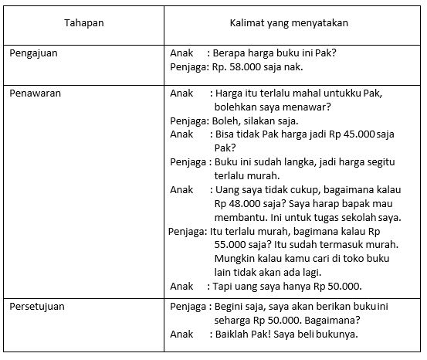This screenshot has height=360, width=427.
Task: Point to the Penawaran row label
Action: [x=35, y=93]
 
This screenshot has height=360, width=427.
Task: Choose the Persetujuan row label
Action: [x=37, y=307]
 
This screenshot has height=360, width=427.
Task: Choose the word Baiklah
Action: [x=236, y=335]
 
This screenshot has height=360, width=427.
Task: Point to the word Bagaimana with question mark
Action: [x=334, y=321]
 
